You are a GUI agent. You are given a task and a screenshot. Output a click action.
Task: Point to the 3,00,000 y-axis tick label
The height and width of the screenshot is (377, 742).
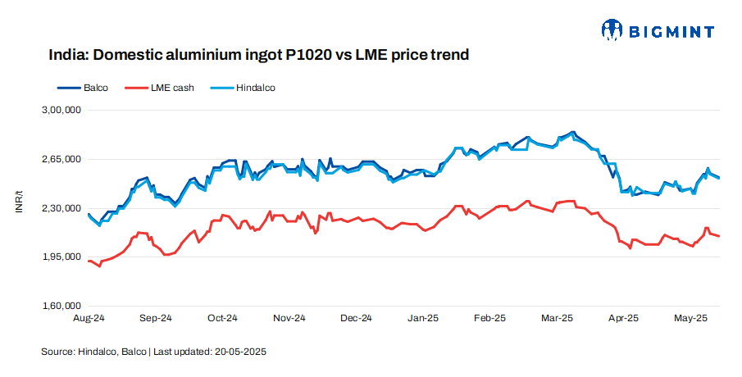pos(61,110)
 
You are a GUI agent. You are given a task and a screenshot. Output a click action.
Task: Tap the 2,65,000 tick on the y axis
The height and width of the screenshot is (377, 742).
pos(61,159)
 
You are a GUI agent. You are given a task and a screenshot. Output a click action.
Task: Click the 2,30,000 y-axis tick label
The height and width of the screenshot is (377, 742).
pos(61,208)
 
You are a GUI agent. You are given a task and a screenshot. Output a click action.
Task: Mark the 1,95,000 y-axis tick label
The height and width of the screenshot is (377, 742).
pos(61,257)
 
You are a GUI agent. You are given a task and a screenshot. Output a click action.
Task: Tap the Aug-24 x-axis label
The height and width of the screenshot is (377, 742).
pos(88,317)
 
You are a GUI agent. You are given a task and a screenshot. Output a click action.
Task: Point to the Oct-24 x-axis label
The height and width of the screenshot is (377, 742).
pos(222,317)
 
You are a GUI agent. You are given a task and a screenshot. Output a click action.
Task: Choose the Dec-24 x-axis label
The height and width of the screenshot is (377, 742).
pos(356,317)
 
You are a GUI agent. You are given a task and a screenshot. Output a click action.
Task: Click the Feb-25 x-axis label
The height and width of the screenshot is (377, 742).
pos(490,317)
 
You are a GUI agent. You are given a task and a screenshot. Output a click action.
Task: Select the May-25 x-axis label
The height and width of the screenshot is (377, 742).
pos(690,317)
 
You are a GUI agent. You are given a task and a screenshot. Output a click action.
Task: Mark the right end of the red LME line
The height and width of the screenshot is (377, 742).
pos(720,236)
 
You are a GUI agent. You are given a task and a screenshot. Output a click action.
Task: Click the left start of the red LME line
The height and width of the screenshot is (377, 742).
pos(88,261)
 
